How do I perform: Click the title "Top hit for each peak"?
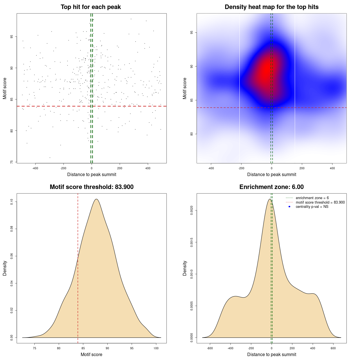(91, 7)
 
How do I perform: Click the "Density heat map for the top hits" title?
(271, 7)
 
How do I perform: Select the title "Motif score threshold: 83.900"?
(91, 187)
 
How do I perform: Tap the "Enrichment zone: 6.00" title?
(271, 187)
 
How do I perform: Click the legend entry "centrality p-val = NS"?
(312, 207)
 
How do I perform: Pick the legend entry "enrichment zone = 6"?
(312, 198)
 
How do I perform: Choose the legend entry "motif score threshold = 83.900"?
(320, 202)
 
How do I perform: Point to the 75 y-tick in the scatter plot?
(12, 162)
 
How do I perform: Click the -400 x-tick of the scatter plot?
(35, 168)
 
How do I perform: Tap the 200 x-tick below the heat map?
(302, 168)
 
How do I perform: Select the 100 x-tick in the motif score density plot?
(156, 348)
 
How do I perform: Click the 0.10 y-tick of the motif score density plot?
(12, 202)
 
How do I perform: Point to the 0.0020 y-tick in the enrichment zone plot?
(192, 210)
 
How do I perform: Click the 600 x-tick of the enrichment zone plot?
(333, 348)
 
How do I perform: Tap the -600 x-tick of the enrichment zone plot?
(210, 348)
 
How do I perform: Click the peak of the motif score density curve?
(96, 199)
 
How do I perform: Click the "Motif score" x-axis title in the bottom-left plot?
(91, 354)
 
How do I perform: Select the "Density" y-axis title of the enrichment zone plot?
(185, 268)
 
